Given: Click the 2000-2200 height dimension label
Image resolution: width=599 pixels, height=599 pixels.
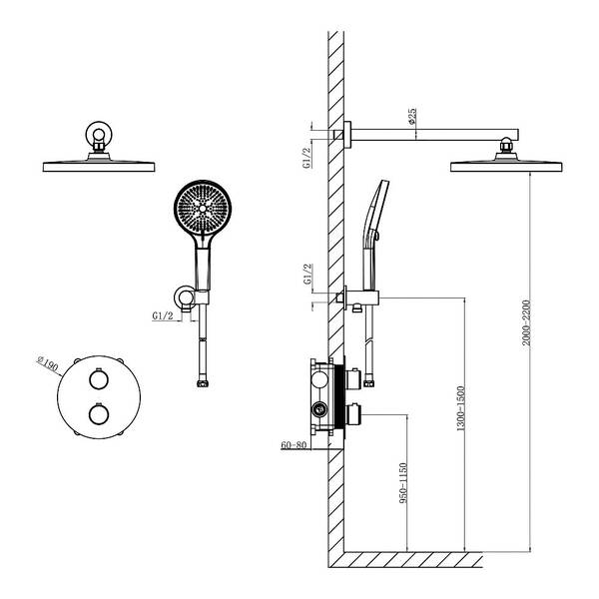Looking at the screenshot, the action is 527,322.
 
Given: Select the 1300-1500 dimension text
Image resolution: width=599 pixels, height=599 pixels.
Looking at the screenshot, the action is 461,408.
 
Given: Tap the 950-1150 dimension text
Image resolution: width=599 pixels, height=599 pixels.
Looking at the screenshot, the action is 403,483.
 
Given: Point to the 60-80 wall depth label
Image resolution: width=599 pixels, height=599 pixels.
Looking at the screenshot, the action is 294,445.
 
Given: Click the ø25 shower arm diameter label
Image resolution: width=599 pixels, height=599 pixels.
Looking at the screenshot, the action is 411,116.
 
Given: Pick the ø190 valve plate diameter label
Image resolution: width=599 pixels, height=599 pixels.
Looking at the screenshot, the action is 47,363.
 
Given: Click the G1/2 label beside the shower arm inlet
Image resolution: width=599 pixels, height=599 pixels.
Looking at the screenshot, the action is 307,157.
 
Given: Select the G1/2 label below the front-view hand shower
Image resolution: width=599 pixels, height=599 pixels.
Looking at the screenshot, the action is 163,315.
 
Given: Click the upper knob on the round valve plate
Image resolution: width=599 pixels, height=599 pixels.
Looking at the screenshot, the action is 99,379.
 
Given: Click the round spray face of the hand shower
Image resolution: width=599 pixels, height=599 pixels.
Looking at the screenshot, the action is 203,209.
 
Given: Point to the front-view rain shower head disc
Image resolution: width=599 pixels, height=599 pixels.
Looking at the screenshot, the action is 99,167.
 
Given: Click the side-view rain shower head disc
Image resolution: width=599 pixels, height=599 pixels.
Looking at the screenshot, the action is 506,167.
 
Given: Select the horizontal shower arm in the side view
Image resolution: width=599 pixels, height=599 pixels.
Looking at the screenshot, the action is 434,135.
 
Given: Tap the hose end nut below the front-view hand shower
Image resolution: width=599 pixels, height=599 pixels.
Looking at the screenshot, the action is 203,383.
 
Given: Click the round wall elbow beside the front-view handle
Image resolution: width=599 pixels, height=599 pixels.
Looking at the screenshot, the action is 184,297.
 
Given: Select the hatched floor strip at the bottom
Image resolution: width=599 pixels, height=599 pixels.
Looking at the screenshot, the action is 405,560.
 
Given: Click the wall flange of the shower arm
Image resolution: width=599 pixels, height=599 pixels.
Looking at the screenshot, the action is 347,134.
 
